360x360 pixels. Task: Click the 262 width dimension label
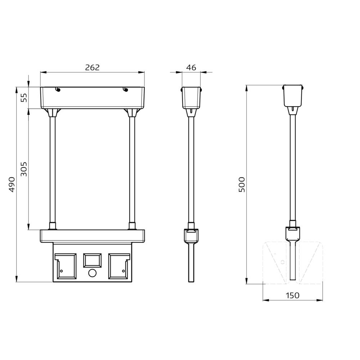92,67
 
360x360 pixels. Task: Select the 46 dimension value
192,67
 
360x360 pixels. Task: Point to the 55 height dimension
24,98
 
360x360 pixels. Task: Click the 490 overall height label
12,184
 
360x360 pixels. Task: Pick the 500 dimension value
242,184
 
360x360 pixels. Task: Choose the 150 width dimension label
292,295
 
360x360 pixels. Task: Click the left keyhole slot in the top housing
58,89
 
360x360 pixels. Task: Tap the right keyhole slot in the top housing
126,89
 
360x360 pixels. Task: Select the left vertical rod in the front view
53,169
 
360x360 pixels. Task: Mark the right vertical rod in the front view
132,169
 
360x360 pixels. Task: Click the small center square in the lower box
92,260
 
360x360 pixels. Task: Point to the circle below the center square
92,273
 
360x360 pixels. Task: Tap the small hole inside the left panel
61,271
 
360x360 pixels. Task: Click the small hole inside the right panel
123,271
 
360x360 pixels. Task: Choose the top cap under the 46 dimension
191,97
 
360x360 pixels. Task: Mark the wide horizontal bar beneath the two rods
92,236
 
